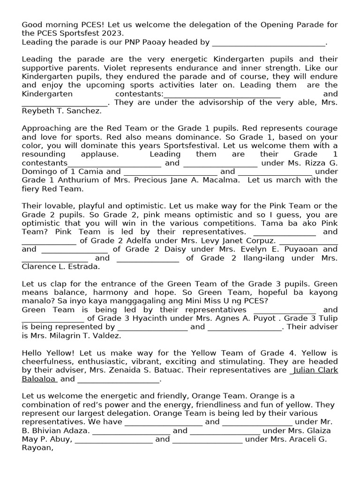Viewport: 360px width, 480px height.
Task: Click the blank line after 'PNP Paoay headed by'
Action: coord(269,43)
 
